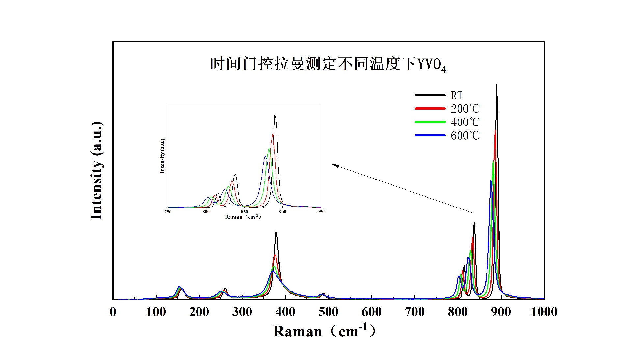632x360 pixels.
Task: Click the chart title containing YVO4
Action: [x=328, y=64]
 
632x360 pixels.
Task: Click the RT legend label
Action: [x=457, y=96]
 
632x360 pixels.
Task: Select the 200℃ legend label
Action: [x=465, y=109]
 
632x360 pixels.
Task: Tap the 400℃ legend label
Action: [x=465, y=122]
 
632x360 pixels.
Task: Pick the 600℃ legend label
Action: [x=465, y=135]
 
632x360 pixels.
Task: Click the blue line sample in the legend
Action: [x=430, y=135]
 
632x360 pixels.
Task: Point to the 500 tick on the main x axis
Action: [x=328, y=312]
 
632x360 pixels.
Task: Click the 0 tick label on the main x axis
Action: [x=113, y=312]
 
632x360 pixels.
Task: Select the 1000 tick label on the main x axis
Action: [x=544, y=312]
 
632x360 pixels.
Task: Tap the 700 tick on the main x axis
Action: [x=414, y=312]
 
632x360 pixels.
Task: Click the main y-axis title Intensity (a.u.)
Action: [x=96, y=170]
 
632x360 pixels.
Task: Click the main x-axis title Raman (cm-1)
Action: [x=324, y=331]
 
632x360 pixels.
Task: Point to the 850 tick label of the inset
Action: [x=244, y=212]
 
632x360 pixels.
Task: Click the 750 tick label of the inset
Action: [x=168, y=212]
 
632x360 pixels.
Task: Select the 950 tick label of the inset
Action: [x=321, y=212]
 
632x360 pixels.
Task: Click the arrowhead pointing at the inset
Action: [x=334, y=165]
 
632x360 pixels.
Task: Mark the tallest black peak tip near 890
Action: [x=496, y=85]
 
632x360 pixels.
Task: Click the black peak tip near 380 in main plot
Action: [x=276, y=232]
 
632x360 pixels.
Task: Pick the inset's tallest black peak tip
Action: [x=275, y=115]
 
